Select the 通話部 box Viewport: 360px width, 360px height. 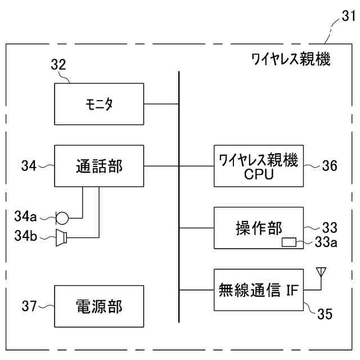coord(99,166)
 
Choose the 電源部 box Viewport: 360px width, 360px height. coord(99,306)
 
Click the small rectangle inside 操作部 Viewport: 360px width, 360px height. coord(289,242)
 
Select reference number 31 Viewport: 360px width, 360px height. coord(348,17)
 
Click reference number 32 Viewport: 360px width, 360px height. coord(58,65)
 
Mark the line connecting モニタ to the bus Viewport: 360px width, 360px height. coord(161,103)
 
